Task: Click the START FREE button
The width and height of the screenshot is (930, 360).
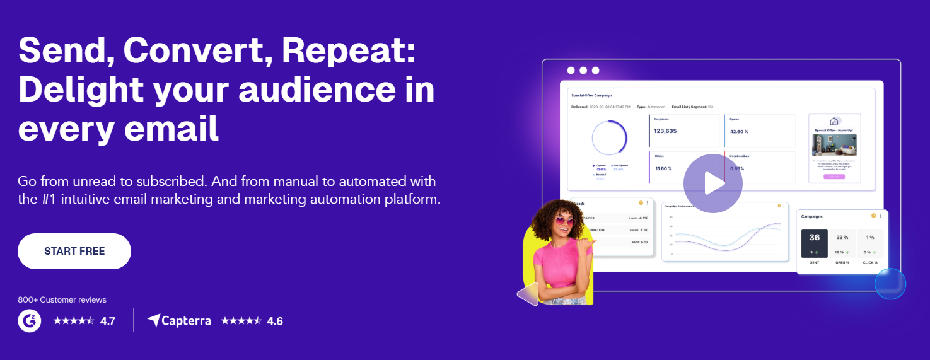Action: click(x=74, y=251)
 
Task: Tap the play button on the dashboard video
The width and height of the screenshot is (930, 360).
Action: click(x=712, y=183)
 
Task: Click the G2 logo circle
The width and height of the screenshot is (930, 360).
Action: click(x=30, y=320)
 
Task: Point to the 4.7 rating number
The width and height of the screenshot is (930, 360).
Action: click(x=107, y=321)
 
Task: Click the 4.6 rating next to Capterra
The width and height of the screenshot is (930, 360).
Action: click(x=275, y=321)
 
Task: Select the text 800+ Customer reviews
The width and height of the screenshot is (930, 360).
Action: click(x=62, y=299)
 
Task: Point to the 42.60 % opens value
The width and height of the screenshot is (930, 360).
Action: click(x=739, y=132)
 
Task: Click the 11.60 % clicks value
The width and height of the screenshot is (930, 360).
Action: click(x=663, y=168)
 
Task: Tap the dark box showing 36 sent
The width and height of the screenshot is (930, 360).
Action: click(x=814, y=243)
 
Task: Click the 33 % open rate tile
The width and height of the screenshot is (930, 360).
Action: click(x=842, y=238)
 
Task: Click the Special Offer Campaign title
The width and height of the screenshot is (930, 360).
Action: click(x=592, y=96)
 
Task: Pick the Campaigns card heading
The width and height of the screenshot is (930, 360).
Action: click(x=811, y=216)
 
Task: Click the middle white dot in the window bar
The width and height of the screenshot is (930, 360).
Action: click(x=583, y=71)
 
